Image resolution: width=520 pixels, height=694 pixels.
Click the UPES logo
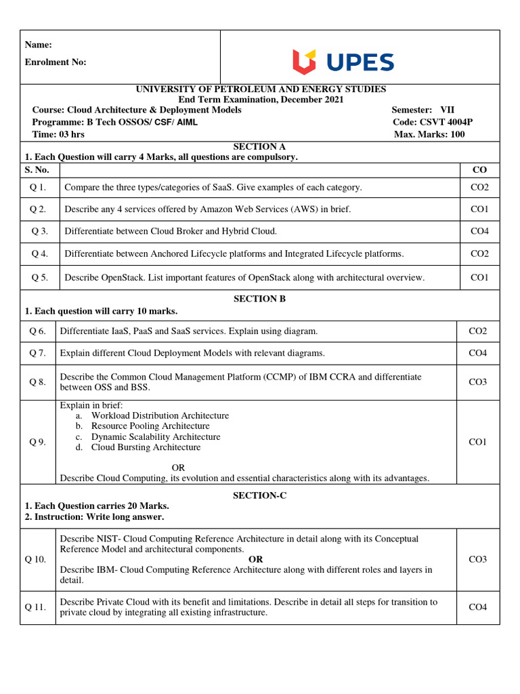(x=343, y=62)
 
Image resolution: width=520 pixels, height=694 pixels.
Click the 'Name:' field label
(x=39, y=45)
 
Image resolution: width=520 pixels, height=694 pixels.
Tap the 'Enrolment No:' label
(x=56, y=62)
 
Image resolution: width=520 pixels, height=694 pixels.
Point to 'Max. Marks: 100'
(x=429, y=134)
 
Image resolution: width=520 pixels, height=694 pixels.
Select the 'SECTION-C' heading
(x=259, y=495)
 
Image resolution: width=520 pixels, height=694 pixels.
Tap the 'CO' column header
(x=479, y=169)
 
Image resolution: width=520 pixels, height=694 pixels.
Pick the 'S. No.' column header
(x=37, y=169)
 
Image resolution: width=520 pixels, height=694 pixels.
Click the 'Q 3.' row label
(x=39, y=231)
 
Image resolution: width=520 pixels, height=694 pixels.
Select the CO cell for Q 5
(x=479, y=277)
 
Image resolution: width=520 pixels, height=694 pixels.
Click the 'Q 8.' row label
(x=37, y=382)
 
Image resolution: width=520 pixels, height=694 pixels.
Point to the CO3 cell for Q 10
(x=477, y=559)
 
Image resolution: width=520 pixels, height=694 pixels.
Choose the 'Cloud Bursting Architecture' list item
(x=146, y=447)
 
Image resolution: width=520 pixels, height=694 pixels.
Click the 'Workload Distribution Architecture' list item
(x=160, y=415)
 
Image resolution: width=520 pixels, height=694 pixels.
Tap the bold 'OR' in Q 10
(x=256, y=559)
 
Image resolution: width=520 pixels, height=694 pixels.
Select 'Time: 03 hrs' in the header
(x=58, y=134)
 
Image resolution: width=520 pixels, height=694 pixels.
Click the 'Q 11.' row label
(x=36, y=607)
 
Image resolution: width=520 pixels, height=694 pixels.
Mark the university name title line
(x=261, y=89)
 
